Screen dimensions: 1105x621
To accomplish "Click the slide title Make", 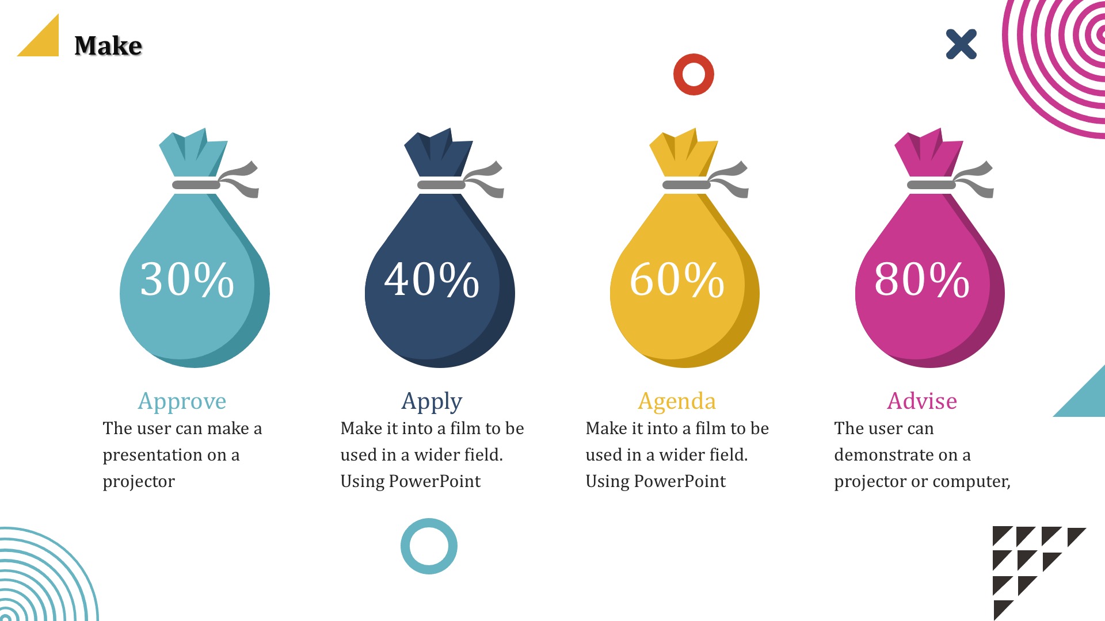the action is coord(108,45).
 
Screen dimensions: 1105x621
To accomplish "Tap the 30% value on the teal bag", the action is coord(187,279).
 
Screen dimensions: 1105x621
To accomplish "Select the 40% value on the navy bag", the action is coord(432,279).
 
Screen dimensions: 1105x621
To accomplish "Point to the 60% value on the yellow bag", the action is coord(677,279).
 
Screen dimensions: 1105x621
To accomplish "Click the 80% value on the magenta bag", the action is coord(922,279).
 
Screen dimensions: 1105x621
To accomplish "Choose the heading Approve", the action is coord(182,401).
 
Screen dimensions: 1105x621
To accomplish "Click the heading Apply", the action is coord(432,401).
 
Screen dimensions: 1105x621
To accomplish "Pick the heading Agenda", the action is coord(677,401).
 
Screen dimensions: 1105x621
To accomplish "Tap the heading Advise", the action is coord(922,401).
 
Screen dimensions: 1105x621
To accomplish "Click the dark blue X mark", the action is coord(961,44).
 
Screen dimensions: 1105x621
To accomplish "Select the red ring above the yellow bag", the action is coord(694,57).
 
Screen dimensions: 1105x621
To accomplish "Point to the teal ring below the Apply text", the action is coord(429,522).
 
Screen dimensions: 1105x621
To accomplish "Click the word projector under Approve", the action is coord(139,482).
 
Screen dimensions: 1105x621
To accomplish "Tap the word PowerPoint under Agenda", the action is coord(680,481).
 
